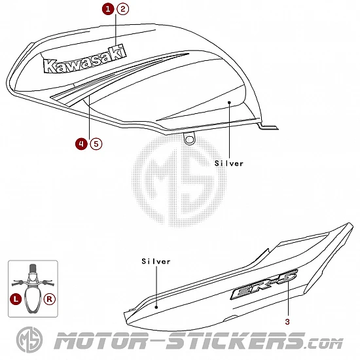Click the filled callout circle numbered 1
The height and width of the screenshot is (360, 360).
(108, 9)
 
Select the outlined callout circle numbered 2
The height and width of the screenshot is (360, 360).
(123, 9)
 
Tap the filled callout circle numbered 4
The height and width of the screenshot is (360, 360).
(81, 144)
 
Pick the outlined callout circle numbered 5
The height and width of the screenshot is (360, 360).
(96, 144)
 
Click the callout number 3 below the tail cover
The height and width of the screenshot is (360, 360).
(287, 322)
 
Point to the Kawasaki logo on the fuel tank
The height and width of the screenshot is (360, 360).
(84, 60)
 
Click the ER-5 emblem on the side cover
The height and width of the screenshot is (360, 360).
(264, 284)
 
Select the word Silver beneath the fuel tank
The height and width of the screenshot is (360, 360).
(228, 164)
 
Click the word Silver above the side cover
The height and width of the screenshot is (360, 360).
(156, 261)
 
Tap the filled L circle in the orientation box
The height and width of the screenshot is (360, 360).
(16, 299)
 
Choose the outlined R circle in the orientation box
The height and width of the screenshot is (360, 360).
(49, 299)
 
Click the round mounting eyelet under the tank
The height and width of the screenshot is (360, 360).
(189, 139)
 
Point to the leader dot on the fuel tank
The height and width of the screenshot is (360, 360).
(229, 102)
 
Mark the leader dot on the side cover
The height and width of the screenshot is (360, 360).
(156, 307)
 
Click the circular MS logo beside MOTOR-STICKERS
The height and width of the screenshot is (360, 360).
(29, 340)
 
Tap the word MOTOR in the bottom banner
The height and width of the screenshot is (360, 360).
(101, 340)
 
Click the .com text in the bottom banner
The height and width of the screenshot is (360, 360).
(324, 344)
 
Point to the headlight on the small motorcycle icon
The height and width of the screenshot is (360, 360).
(33, 276)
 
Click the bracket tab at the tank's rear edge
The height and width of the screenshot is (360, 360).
(268, 126)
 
